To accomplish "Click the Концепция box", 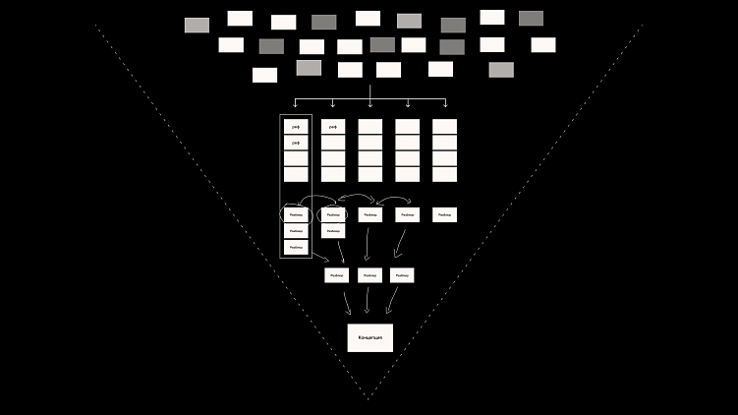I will click(x=369, y=337).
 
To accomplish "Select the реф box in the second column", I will click(x=333, y=127).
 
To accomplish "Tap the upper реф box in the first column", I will click(x=296, y=127).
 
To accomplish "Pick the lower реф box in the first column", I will click(x=296, y=143).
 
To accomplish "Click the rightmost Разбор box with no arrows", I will click(x=444, y=214).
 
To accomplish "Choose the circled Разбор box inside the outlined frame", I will click(x=296, y=214).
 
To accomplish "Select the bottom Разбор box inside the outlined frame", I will click(x=296, y=247).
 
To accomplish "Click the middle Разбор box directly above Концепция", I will click(x=369, y=275).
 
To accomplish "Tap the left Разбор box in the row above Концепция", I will click(x=337, y=275).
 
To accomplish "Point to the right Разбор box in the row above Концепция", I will click(x=401, y=275).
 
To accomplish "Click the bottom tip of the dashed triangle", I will click(x=369, y=399).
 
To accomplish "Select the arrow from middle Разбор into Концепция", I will click(x=369, y=301).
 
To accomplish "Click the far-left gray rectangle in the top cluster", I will click(x=197, y=25).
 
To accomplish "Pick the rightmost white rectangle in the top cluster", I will click(x=542, y=44).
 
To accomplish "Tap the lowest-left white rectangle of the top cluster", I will click(x=264, y=75).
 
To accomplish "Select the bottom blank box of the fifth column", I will click(x=444, y=174).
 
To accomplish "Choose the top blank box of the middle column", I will click(x=370, y=127).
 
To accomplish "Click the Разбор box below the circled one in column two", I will click(x=333, y=230).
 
